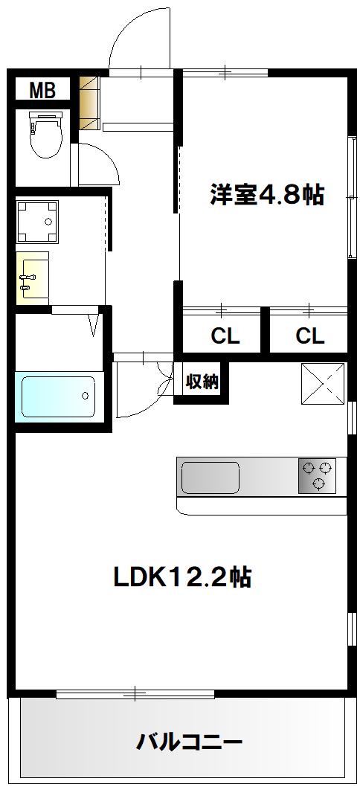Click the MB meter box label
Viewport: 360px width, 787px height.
(42, 91)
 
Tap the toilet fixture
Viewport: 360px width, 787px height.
(46, 134)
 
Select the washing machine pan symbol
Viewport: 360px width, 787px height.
(37, 222)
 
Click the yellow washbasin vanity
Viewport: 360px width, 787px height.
(32, 278)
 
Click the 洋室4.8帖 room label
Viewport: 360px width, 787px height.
(266, 195)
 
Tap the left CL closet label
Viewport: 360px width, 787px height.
(225, 335)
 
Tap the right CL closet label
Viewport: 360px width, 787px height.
(309, 335)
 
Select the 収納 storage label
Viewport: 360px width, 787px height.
(202, 382)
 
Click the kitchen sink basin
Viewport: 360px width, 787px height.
(210, 478)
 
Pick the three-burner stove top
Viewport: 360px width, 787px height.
(316, 476)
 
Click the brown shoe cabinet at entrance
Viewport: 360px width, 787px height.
(91, 103)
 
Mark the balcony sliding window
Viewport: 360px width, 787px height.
(135, 694)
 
